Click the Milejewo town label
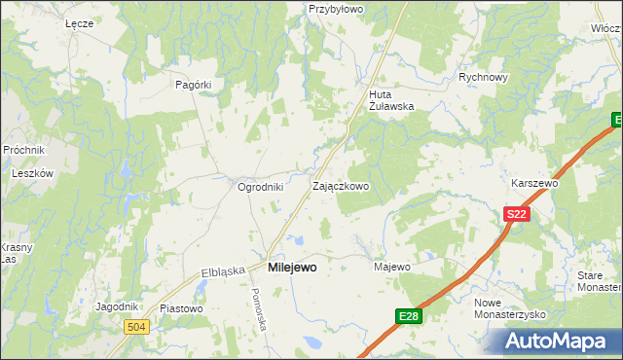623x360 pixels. (291, 267)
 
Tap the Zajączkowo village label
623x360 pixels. (340, 186)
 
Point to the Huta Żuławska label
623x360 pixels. (392, 101)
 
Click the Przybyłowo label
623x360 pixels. (335, 9)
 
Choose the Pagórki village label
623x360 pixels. (193, 85)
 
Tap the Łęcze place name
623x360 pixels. (78, 22)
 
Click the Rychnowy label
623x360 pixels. (484, 78)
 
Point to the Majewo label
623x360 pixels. (392, 267)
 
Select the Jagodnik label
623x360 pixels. (116, 306)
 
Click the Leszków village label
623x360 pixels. (31, 173)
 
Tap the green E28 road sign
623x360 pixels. (409, 316)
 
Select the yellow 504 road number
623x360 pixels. (136, 328)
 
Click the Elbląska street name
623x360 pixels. (222, 271)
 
